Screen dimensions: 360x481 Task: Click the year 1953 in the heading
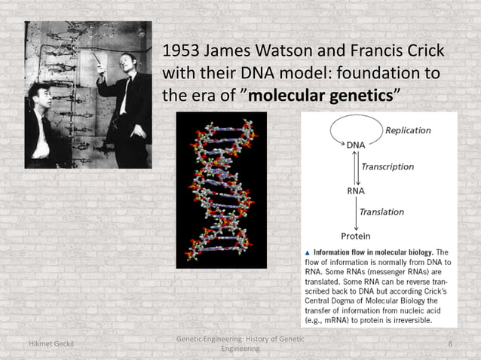pyautogui.click(x=183, y=54)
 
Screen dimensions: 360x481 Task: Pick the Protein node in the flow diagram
pyautogui.click(x=357, y=236)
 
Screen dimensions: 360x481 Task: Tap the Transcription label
pyautogui.click(x=388, y=166)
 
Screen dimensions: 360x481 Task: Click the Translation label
pyautogui.click(x=381, y=212)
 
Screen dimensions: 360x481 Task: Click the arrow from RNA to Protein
pyautogui.click(x=356, y=212)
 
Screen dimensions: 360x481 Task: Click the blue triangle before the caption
pyautogui.click(x=307, y=252)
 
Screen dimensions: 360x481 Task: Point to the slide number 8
pyautogui.click(x=450, y=344)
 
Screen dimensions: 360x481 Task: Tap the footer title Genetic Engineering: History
pyautogui.click(x=240, y=340)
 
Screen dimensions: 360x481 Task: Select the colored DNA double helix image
pyautogui.click(x=222, y=190)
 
